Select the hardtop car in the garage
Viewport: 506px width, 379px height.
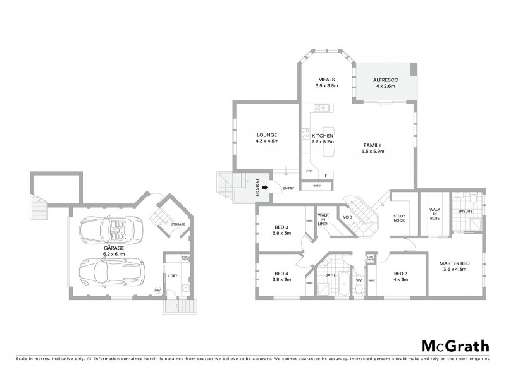point(109,272)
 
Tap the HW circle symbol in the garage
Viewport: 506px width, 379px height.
point(158,290)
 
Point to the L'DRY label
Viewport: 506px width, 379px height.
point(171,275)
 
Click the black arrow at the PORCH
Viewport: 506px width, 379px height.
point(266,188)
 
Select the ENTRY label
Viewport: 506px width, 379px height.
point(288,188)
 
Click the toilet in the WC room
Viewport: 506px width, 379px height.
point(359,287)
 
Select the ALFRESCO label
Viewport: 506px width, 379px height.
point(384,80)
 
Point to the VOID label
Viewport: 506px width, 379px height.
point(347,217)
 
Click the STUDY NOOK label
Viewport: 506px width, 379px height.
point(399,219)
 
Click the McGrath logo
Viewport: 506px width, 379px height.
point(455,346)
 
